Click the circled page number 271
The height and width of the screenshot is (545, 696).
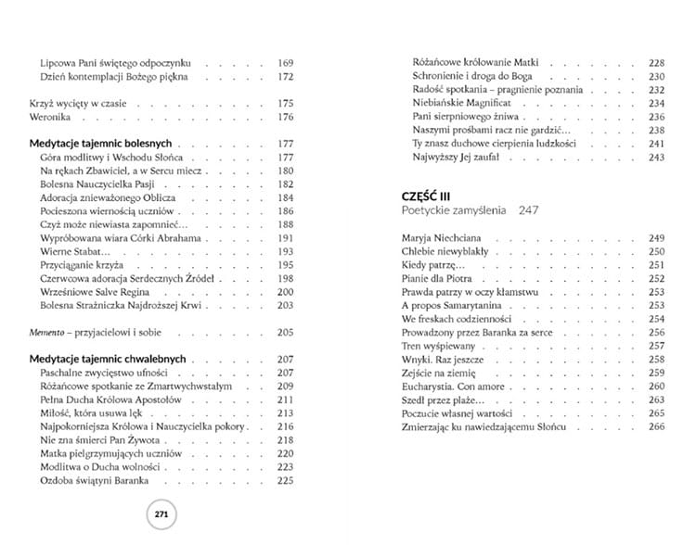[x=161, y=514]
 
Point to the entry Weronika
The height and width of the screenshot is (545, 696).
[x=49, y=117]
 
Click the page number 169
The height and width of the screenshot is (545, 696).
[x=285, y=63]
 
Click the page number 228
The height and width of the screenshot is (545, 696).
[x=657, y=63]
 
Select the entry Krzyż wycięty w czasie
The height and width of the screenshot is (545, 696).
[x=76, y=103]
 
